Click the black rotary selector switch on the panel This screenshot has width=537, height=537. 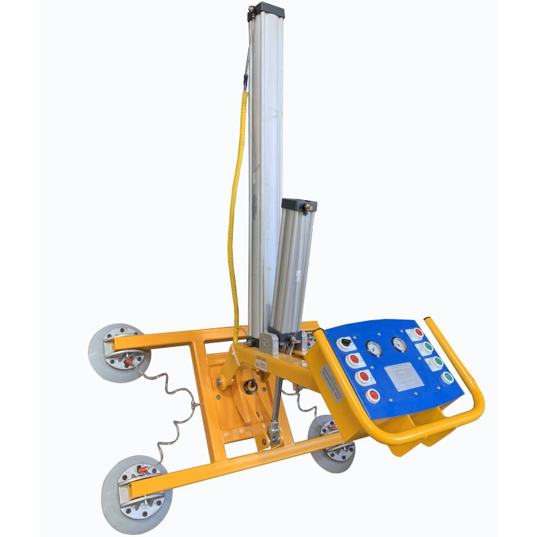346,342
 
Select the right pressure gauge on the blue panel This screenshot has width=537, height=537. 399,344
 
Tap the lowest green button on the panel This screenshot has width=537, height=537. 446,378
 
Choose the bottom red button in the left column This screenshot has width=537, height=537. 373,395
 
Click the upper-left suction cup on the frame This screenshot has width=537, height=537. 117,353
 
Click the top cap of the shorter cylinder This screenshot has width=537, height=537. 299,205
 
